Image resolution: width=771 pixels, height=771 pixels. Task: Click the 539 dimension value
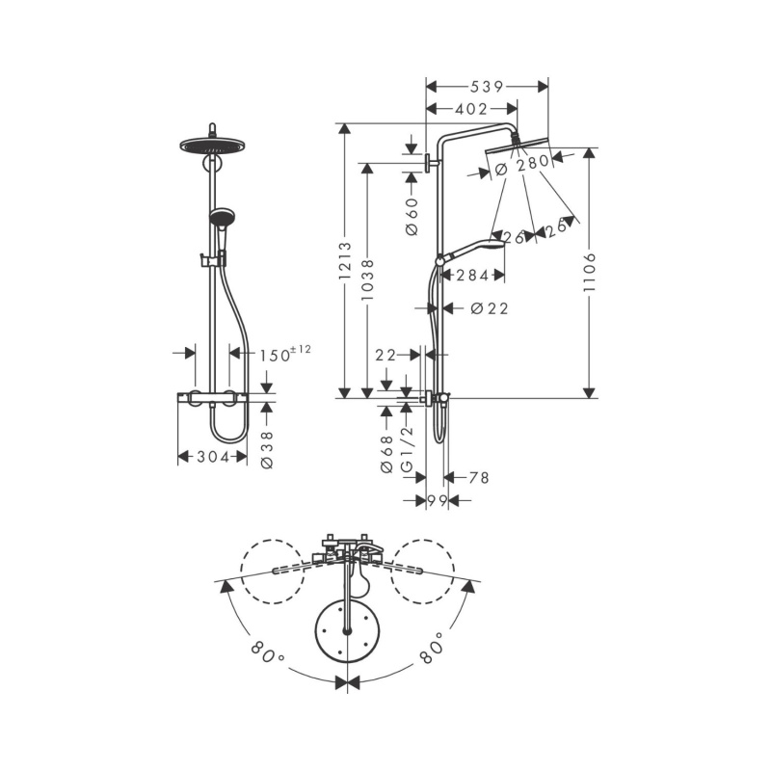pyautogui.click(x=487, y=87)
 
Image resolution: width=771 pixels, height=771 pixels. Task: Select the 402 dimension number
pyautogui.click(x=471, y=109)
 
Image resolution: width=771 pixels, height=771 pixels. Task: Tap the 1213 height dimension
pyautogui.click(x=345, y=260)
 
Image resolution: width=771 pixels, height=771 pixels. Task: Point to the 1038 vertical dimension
pyautogui.click(x=367, y=280)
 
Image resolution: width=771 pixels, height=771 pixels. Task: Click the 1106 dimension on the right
pyautogui.click(x=589, y=272)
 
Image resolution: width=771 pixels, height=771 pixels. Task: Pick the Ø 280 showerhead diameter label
pyautogui.click(x=522, y=165)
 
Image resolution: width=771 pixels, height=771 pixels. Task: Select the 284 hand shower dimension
pyautogui.click(x=472, y=276)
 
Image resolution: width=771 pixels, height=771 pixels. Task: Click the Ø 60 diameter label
pyautogui.click(x=412, y=216)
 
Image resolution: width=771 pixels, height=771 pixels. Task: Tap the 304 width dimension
pyautogui.click(x=213, y=457)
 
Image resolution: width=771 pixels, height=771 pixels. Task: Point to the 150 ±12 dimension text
pyautogui.click(x=285, y=354)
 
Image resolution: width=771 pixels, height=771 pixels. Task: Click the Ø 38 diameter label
pyautogui.click(x=267, y=450)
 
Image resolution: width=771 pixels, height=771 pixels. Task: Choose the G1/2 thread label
pyautogui.click(x=407, y=450)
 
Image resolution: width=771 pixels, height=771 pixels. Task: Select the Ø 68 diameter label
pyautogui.click(x=387, y=454)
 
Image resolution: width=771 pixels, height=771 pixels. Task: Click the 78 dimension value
pyautogui.click(x=479, y=477)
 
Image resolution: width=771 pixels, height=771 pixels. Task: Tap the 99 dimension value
pyautogui.click(x=438, y=501)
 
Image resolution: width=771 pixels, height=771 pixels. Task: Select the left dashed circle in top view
pyautogui.click(x=273, y=572)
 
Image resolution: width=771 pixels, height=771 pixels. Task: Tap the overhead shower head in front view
pyautogui.click(x=212, y=146)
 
